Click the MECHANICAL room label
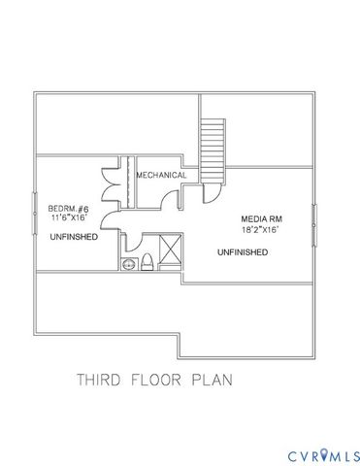161,175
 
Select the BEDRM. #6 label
69,209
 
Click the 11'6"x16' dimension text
69,219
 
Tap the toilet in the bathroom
146,261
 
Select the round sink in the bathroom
127,263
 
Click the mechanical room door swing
170,201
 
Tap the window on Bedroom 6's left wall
36,222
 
